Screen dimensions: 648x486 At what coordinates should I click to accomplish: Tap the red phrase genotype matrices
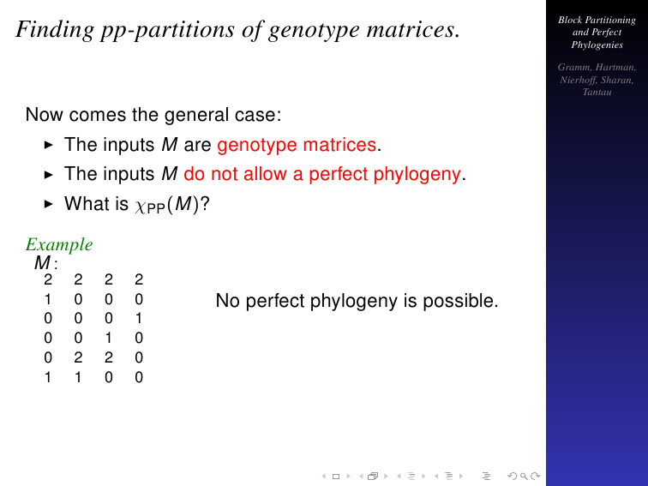tap(297, 146)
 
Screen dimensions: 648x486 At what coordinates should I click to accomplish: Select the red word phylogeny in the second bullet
tap(417, 175)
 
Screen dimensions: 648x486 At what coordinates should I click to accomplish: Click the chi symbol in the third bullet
tap(141, 206)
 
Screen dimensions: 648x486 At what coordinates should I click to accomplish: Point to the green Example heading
tap(59, 244)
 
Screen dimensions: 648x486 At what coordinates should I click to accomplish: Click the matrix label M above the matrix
tap(43, 263)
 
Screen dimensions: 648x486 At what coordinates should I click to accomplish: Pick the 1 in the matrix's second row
tap(48, 299)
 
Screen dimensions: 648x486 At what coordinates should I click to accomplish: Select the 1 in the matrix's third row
tap(139, 319)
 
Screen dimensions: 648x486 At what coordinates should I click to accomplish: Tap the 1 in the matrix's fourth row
tap(108, 338)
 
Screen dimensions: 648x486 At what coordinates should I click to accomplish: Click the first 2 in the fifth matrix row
tap(78, 357)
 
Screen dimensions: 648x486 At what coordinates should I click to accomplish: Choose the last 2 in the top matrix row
tap(139, 279)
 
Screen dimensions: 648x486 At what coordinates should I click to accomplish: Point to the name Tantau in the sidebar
tap(597, 93)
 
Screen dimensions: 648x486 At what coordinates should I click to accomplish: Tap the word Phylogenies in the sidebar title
tap(597, 45)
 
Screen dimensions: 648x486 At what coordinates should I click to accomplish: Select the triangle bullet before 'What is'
tap(48, 204)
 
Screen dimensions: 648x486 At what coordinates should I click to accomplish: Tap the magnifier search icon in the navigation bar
tap(524, 477)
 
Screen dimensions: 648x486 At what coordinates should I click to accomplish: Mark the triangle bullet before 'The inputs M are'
tap(48, 145)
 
